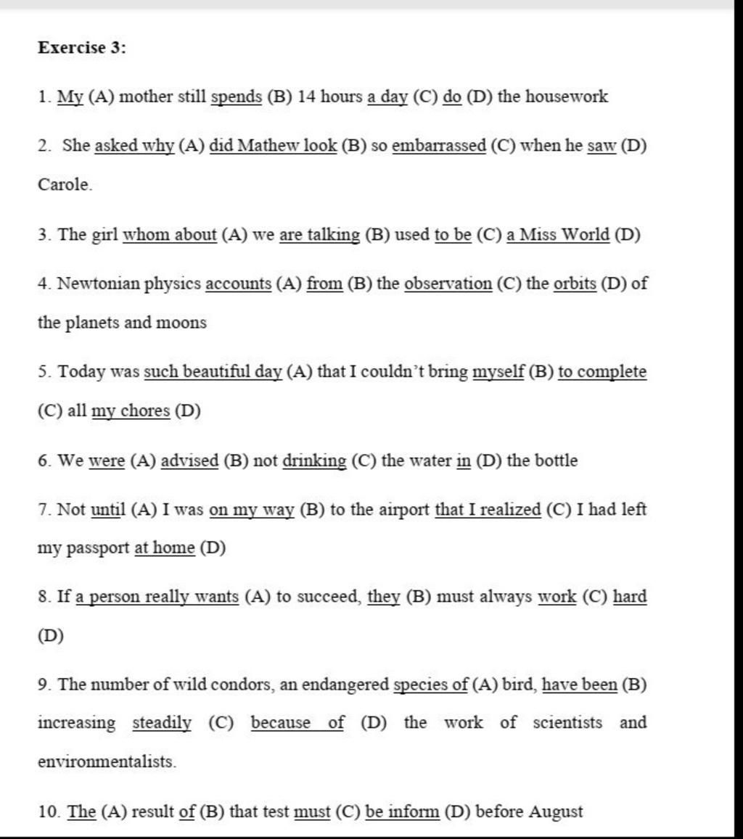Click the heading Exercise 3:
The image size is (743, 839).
tap(81, 49)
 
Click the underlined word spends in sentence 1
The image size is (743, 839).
tap(237, 97)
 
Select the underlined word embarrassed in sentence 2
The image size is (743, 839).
tap(439, 146)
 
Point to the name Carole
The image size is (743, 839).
tap(65, 185)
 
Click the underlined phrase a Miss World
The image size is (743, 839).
tap(558, 235)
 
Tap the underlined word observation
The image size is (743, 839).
tap(448, 284)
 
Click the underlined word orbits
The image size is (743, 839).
tap(575, 284)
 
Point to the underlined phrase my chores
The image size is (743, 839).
tap(131, 412)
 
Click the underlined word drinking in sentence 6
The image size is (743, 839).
tap(314, 461)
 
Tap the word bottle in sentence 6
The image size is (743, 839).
tap(556, 460)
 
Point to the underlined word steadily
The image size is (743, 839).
tap(162, 723)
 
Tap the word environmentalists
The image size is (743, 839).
tap(107, 762)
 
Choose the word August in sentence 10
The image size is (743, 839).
tap(555, 811)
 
